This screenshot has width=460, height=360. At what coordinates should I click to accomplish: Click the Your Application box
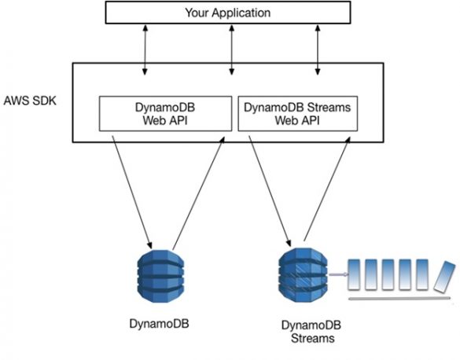point(227,13)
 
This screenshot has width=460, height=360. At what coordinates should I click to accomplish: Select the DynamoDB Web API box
point(167,113)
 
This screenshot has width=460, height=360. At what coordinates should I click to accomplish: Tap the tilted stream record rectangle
point(443,276)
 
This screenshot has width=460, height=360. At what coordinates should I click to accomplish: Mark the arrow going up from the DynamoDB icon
point(200,189)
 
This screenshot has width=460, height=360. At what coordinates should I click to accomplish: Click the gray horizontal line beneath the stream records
point(399,299)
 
